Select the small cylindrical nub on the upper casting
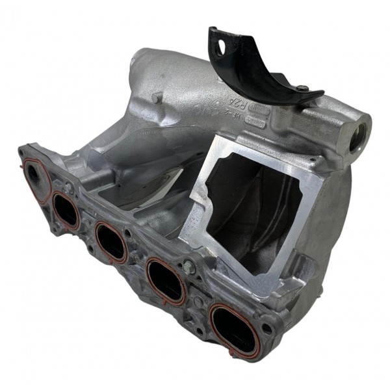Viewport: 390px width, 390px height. pyautogui.click(x=157, y=97)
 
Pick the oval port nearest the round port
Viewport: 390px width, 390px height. pyautogui.click(x=66, y=211)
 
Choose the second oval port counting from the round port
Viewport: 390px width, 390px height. pyautogui.click(x=110, y=242)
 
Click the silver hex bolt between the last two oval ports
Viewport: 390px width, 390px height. pyautogui.click(x=189, y=266)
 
